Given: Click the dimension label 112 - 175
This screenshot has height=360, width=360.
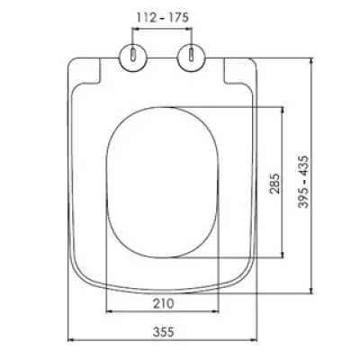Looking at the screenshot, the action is [x=163, y=17].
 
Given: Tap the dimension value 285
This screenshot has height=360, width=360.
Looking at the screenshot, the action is [x=274, y=184].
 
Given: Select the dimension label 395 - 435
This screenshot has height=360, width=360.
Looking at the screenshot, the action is [x=303, y=182].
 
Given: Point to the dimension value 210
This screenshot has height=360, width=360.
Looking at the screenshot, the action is [x=164, y=303].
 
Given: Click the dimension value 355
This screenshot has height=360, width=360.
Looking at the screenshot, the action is [x=164, y=332].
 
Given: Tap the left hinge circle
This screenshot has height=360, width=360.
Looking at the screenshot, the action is [x=134, y=58].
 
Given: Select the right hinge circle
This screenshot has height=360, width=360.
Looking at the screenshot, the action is [x=192, y=58].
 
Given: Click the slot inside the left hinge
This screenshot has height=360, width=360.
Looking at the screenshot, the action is [x=133, y=55].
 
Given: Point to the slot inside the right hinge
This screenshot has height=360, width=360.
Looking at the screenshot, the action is [x=191, y=55].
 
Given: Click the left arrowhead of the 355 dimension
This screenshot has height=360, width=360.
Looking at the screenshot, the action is [x=71, y=340].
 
